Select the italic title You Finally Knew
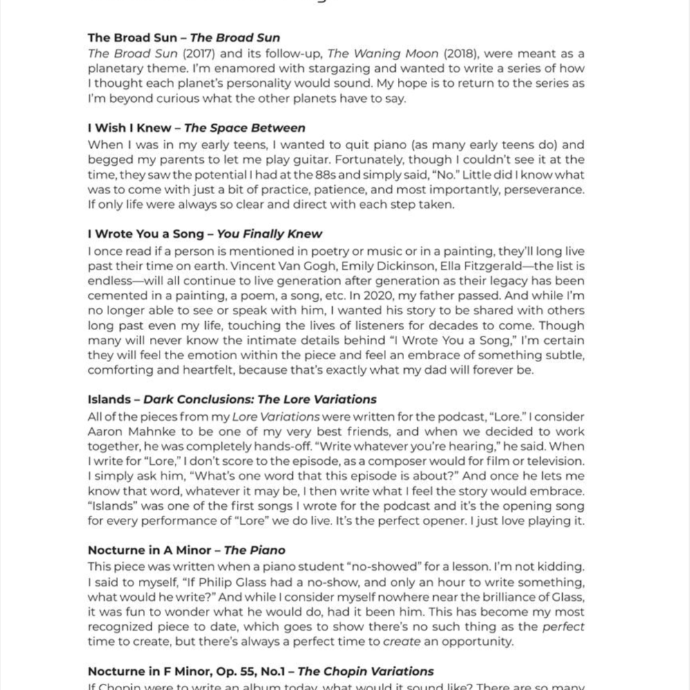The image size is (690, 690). point(269,234)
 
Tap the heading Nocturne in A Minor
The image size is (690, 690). point(148,550)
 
